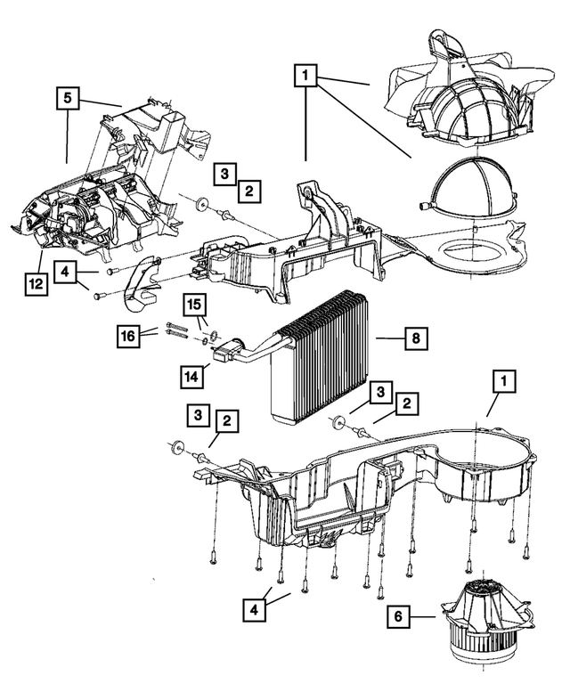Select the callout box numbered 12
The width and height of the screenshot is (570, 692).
(35, 284)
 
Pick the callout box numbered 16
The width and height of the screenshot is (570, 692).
(129, 336)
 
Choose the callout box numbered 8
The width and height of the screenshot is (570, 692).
(415, 338)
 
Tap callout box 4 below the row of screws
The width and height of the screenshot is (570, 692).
(255, 611)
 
